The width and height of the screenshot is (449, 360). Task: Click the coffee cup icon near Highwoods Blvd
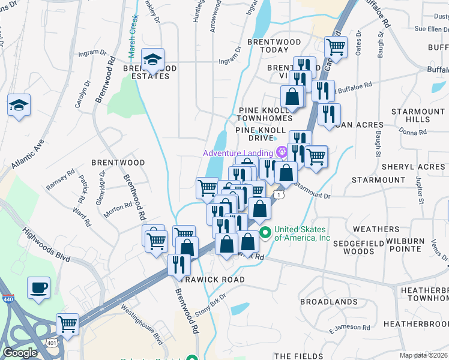pyautogui.click(x=38, y=287)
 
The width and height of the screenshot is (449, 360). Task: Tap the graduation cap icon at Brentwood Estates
pyautogui.click(x=152, y=59)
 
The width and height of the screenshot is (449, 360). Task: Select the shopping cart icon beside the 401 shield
pyautogui.click(x=68, y=324)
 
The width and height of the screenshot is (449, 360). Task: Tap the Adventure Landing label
pyautogui.click(x=237, y=153)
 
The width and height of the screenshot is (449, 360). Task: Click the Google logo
pyautogui.click(x=20, y=353)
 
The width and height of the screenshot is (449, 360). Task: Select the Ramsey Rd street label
pyautogui.click(x=61, y=179)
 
